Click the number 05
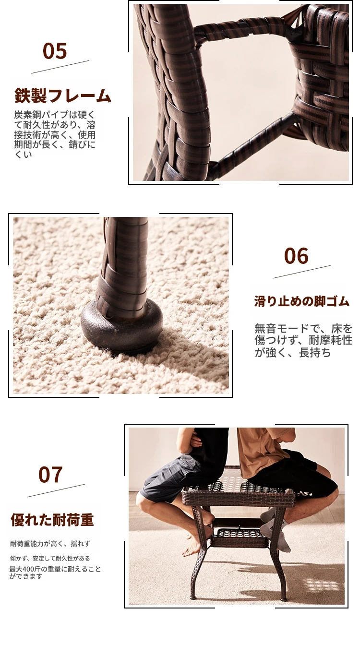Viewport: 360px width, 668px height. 55,51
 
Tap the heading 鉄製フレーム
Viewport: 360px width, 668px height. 62,95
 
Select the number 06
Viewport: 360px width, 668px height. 296,256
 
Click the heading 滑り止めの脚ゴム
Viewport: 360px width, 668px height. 301,301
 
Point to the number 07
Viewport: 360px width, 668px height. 50,475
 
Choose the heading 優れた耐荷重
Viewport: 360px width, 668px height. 52,520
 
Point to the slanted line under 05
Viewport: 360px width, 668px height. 60,67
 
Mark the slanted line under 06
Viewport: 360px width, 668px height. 301,272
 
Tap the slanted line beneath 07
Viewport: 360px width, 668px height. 56,490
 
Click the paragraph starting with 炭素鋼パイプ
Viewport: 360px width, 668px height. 55,134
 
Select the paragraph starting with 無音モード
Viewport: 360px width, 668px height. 303,340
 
